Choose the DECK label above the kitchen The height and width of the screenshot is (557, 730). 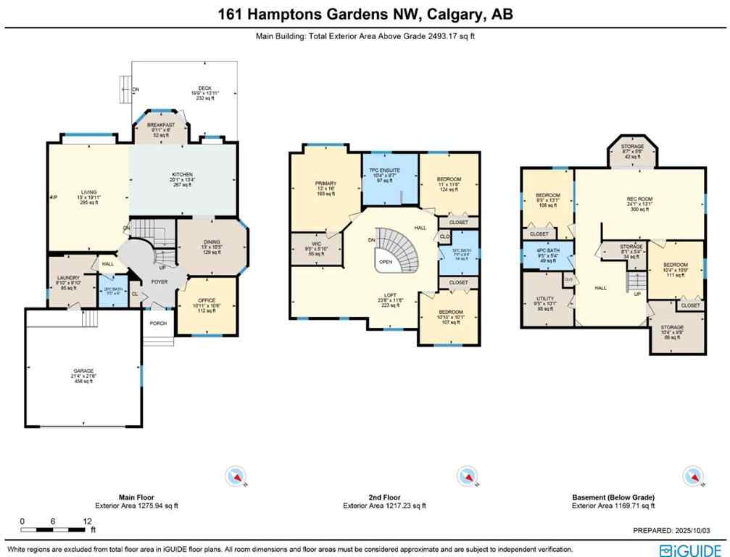184,88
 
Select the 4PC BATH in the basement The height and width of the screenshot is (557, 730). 547,256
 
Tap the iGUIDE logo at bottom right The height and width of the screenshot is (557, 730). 690,550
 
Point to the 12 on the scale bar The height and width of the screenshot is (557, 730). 86,521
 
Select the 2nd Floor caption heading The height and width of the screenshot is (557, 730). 384,498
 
